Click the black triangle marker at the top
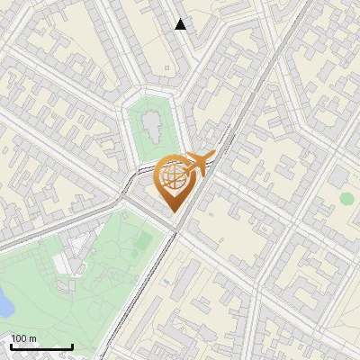point(181,24)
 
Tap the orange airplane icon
point(199,165)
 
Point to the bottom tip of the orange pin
point(172,211)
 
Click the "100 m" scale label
point(23,338)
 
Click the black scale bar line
point(41,346)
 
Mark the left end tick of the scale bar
point(11,345)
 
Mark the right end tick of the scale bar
point(72,345)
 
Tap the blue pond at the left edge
point(4,305)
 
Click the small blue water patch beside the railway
point(166,282)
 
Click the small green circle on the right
point(346,198)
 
